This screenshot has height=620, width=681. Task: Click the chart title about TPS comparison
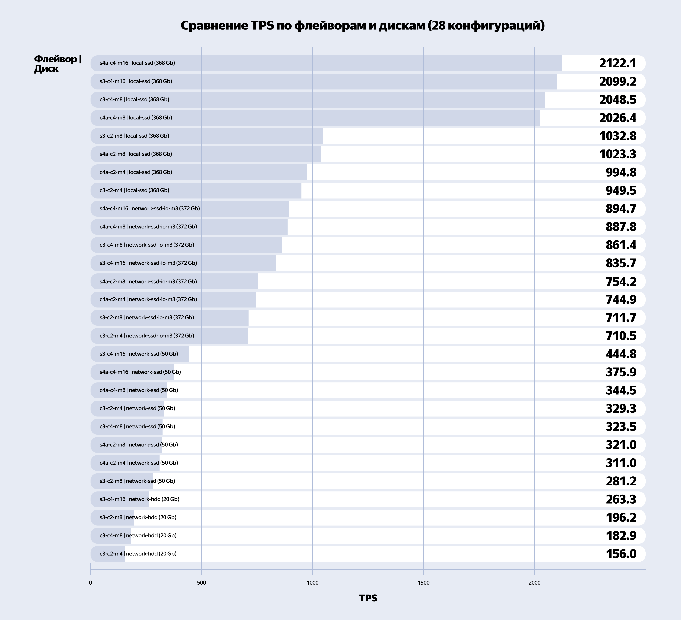pos(362,26)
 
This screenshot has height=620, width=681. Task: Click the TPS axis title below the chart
pos(368,598)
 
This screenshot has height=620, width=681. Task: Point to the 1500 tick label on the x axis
pos(424,583)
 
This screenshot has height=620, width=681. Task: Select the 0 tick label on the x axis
pos(90,583)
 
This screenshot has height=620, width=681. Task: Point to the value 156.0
pos(621,554)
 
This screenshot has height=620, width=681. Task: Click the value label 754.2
pos(621,281)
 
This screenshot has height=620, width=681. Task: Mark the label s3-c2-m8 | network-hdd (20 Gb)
pos(138,517)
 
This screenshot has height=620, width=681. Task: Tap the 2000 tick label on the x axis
pos(534,583)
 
